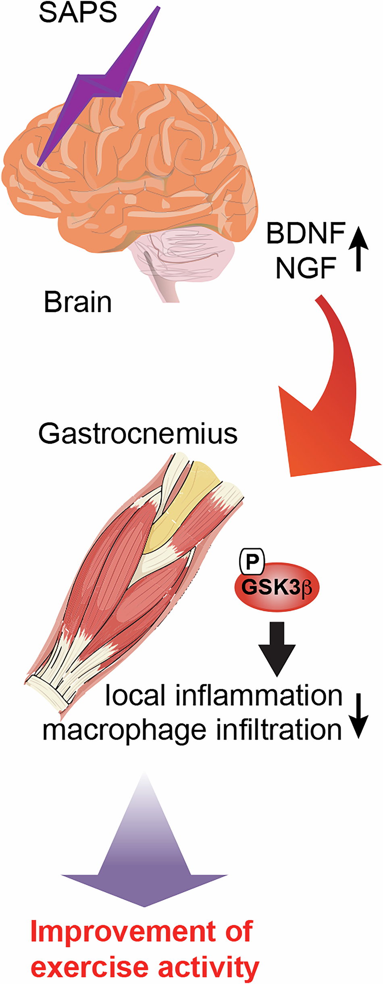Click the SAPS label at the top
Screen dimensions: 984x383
[78, 12]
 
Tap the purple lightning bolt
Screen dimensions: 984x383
[101, 85]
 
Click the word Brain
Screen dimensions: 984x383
[78, 302]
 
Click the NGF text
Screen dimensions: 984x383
[306, 268]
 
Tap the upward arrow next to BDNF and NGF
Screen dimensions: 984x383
[358, 248]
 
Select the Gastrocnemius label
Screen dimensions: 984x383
[138, 434]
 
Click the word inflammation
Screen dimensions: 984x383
[259, 696]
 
